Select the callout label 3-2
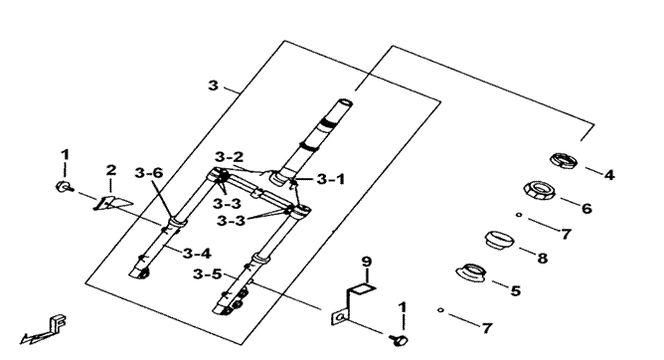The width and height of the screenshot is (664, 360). pos(230,157)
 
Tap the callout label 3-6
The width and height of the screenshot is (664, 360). pos(149,173)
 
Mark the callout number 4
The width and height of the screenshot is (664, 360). pos(609,175)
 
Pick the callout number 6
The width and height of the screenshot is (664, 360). pos(585,209)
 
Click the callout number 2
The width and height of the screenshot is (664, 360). pos(111,170)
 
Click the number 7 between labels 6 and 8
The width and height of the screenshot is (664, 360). pos(566,234)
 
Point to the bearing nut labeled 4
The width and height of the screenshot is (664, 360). pos(563,159)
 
